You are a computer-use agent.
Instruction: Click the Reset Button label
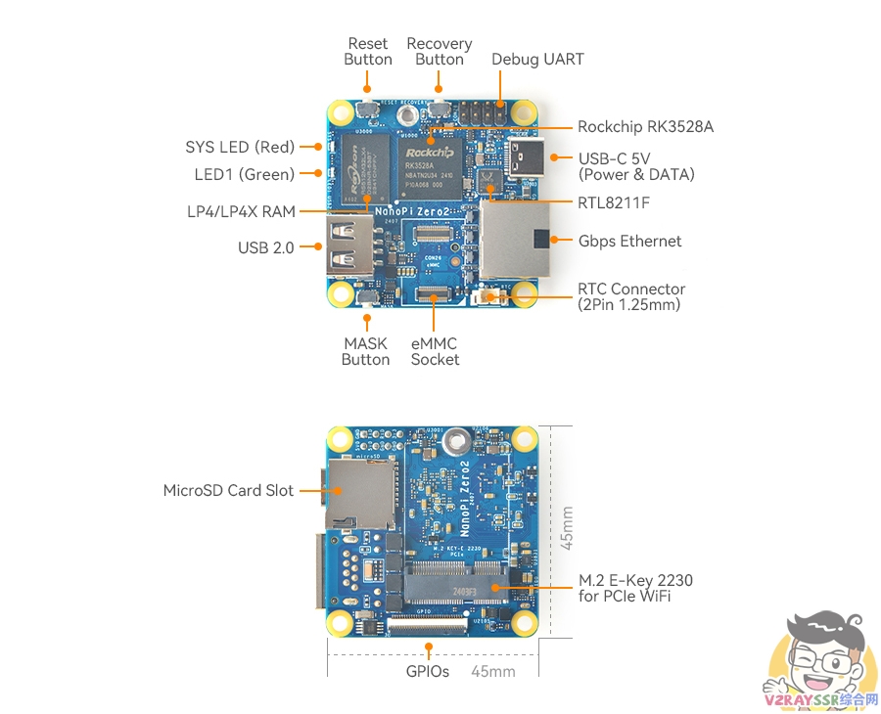pos(368,52)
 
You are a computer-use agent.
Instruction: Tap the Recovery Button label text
pos(439,52)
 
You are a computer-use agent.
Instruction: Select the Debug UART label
pos(537,60)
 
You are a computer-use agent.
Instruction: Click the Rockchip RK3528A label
pos(645,127)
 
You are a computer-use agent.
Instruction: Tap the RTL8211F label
pos(614,203)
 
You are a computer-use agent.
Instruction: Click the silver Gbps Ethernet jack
pos(515,239)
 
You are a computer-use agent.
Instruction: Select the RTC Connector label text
pos(631,296)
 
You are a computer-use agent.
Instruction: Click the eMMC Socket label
pos(435,352)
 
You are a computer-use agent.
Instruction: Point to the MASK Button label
pos(365,352)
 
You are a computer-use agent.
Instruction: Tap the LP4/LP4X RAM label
pos(241,211)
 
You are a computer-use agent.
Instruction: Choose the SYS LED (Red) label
pos(240,148)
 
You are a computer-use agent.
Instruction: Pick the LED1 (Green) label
pos(244,175)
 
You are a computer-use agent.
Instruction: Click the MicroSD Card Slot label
pos(228,491)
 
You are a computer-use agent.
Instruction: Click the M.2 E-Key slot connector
pos(456,585)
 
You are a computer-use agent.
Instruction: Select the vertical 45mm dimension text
pos(567,527)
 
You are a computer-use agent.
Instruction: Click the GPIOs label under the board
pos(428,672)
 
